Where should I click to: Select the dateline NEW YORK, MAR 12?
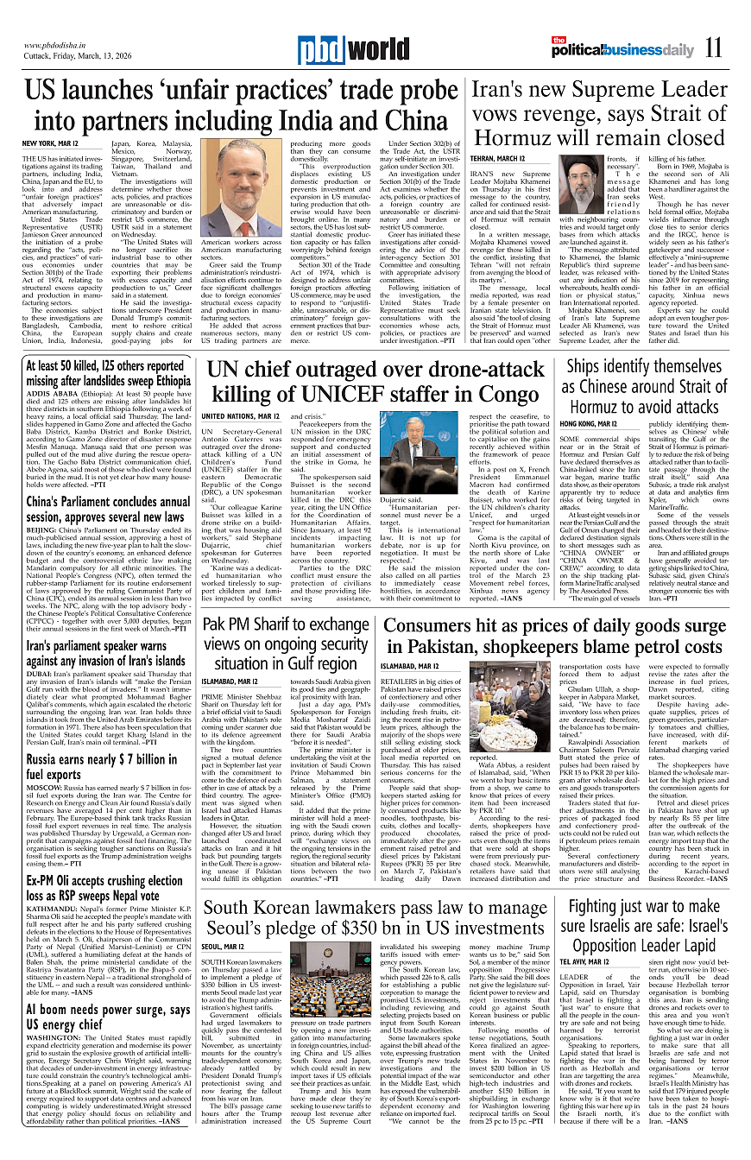50,143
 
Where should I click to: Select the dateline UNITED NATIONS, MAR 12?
240,416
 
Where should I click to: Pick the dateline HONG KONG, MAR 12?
589,424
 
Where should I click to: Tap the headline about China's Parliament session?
108,510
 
